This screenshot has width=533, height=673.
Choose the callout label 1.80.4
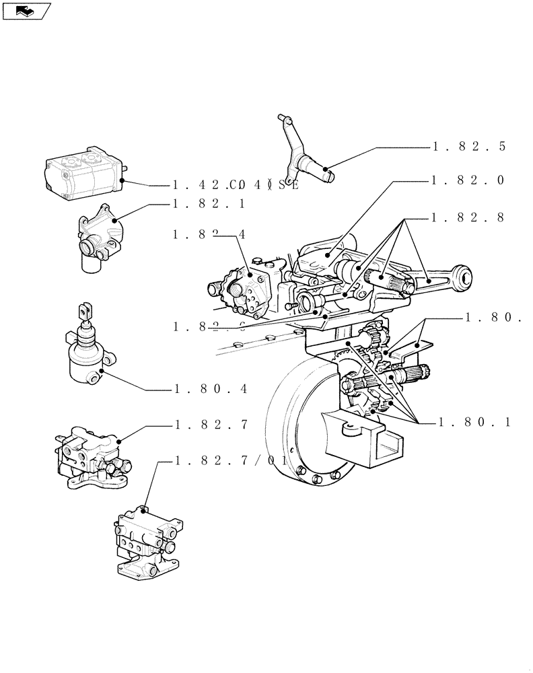211,389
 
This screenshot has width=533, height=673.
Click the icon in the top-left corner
27,10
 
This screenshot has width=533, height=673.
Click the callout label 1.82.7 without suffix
211,425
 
